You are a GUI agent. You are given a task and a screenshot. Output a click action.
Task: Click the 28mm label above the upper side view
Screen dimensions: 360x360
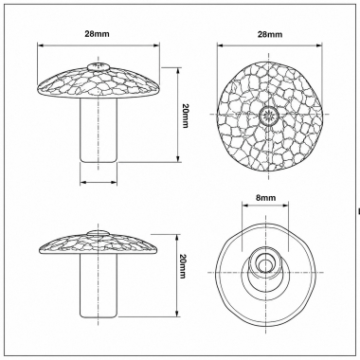point(97,34)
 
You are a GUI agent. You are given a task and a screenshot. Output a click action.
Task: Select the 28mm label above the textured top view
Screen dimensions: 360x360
point(270,34)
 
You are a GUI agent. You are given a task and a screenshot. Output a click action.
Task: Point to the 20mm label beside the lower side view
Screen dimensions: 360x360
point(182,266)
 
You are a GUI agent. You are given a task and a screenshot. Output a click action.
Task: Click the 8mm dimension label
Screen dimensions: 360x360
point(265,198)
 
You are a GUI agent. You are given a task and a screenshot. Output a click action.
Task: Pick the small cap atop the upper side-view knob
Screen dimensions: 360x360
point(99,66)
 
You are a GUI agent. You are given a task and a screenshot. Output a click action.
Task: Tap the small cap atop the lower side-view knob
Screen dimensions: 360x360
point(99,233)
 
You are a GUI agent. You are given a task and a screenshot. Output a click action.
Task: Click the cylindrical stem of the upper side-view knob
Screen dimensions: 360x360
point(99,130)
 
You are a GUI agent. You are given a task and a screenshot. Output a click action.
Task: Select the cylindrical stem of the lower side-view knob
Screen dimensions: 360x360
point(99,285)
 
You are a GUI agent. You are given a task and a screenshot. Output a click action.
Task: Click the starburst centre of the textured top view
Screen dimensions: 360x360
point(269,114)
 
